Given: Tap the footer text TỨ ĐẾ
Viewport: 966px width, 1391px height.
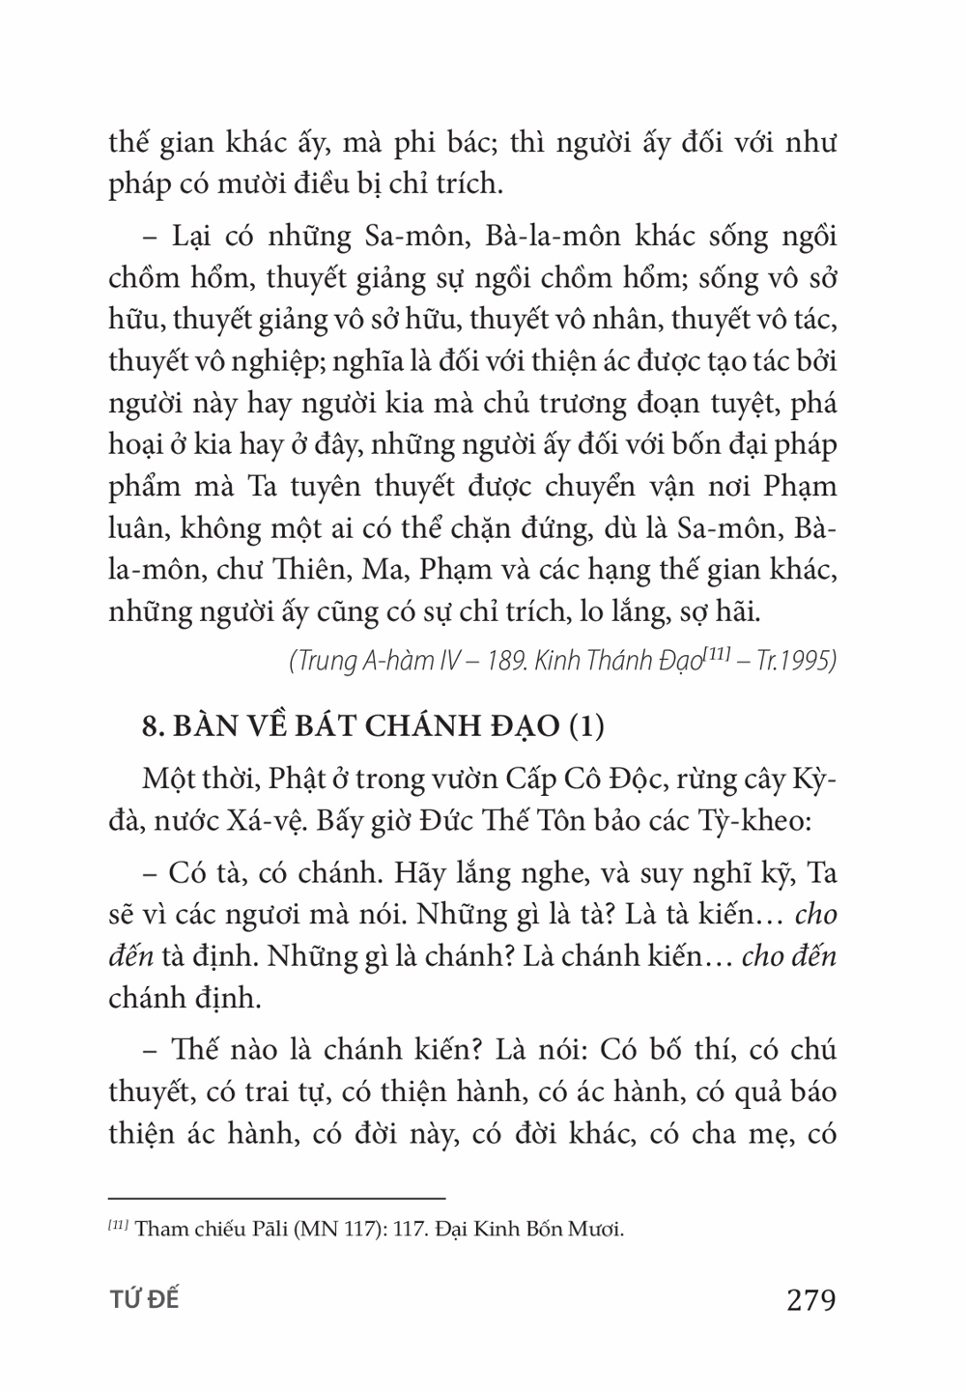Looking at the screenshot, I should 145,1300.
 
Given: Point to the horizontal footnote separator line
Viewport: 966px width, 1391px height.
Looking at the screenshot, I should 276,1196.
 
